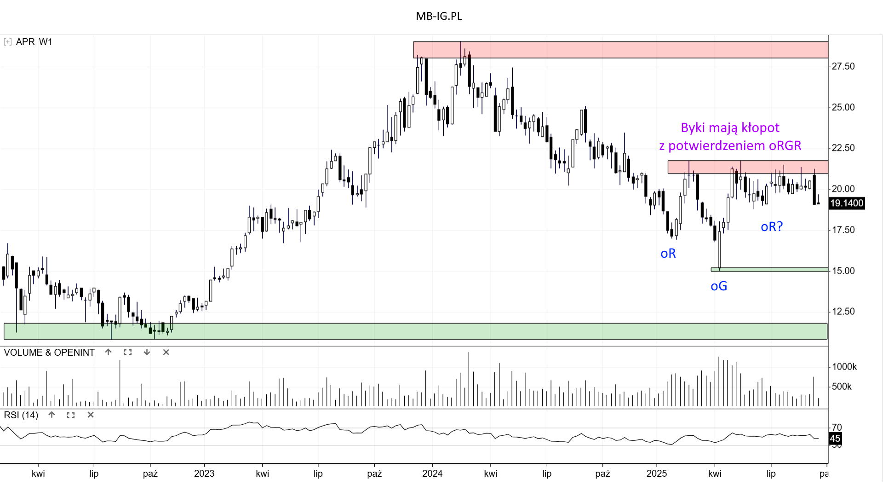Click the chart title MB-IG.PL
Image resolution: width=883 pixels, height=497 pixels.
[439, 16]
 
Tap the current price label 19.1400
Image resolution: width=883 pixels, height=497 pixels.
[846, 203]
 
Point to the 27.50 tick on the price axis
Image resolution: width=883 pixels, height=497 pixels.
[843, 67]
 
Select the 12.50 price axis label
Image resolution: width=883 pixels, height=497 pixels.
[843, 312]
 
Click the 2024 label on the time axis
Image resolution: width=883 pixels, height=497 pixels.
[432, 474]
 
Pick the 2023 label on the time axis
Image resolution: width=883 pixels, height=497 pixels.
[204, 474]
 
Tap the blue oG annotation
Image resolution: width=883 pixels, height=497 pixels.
[719, 286]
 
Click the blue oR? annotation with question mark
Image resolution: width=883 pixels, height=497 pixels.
[772, 226]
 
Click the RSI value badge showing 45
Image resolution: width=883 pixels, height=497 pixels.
[835, 439]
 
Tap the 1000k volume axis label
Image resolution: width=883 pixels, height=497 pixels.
[844, 367]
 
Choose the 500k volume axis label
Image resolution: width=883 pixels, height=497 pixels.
[842, 387]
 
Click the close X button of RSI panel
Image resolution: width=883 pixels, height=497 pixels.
[91, 415]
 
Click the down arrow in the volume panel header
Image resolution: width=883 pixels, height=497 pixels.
[147, 353]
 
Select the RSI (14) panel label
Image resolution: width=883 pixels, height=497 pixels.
[21, 415]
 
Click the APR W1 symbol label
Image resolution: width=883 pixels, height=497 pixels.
[34, 42]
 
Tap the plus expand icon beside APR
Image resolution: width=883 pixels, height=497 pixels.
[7, 42]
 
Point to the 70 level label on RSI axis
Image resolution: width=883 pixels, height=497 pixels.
[837, 428]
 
